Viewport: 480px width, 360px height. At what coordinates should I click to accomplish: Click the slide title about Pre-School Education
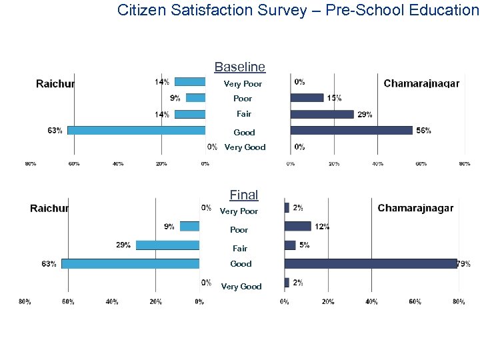[297, 10]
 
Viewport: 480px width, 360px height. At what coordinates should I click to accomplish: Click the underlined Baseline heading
[239, 67]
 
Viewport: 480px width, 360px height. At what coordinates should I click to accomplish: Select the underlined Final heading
[243, 195]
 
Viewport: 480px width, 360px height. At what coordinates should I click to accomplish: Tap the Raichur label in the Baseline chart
[55, 83]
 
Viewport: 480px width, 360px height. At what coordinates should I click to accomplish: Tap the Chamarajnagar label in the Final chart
[415, 208]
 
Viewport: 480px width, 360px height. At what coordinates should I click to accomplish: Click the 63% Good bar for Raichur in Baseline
[136, 130]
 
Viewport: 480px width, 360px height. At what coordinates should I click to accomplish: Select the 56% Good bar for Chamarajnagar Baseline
[351, 130]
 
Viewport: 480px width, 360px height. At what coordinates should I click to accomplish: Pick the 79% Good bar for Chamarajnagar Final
[371, 263]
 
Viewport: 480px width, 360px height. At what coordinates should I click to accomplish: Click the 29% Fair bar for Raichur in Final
[167, 245]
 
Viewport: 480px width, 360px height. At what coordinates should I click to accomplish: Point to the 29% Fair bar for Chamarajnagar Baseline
[322, 114]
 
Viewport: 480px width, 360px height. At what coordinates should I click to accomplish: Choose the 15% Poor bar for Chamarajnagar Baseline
[307, 98]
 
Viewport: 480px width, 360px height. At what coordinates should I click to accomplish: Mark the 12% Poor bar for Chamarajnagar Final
[297, 226]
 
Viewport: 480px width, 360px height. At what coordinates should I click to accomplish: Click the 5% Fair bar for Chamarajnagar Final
[290, 245]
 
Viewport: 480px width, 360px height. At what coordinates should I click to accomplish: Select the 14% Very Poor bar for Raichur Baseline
[190, 82]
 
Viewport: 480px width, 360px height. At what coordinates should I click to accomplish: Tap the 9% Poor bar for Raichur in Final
[189, 226]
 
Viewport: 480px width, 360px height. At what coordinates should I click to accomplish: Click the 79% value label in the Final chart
[463, 264]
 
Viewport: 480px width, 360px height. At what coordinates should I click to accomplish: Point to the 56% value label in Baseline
[423, 131]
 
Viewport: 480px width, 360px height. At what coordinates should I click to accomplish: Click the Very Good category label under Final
[241, 287]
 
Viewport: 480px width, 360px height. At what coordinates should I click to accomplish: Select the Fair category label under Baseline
[244, 114]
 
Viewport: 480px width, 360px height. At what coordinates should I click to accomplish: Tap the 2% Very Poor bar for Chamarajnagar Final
[287, 207]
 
